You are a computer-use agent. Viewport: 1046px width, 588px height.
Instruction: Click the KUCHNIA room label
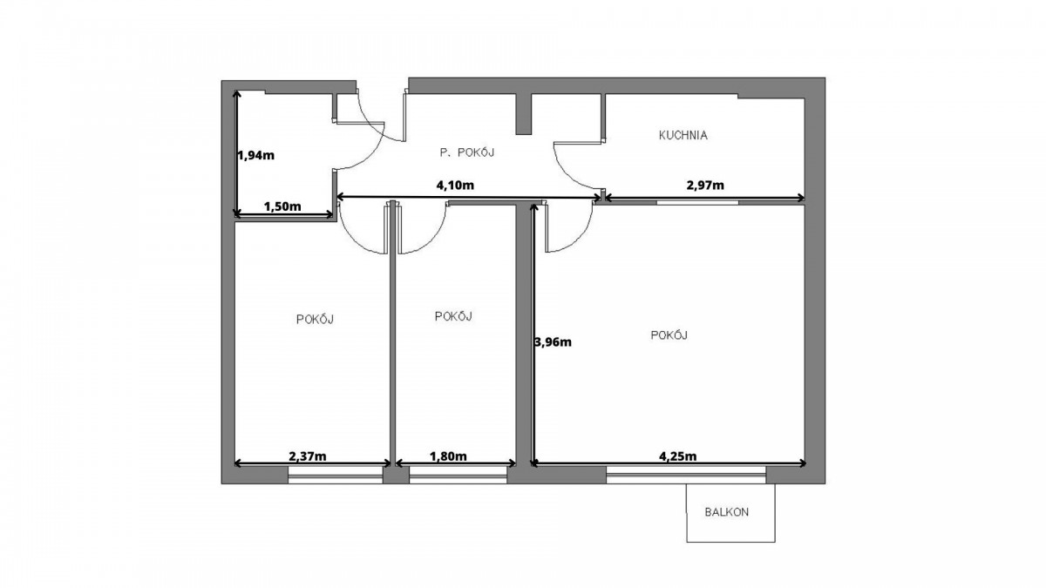coord(683,135)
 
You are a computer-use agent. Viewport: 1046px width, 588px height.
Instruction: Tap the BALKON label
coord(727,512)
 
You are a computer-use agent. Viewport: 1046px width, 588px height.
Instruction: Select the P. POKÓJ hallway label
coord(466,152)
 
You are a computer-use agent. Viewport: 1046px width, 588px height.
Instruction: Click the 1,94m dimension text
coord(256,155)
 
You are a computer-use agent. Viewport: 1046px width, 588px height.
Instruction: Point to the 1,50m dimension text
coord(282,206)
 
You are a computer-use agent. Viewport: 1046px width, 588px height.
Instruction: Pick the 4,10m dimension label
coord(455,186)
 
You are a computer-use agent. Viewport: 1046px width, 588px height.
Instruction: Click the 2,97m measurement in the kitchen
coord(705,186)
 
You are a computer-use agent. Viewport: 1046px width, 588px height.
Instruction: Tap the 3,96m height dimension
coord(553,342)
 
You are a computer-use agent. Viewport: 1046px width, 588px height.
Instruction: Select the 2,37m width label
coord(307,456)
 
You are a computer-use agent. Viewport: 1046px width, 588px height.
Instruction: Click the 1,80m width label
coord(448,456)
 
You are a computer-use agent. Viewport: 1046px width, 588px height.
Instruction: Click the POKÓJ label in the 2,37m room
coord(315,319)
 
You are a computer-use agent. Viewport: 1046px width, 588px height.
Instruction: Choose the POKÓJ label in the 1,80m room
coord(453,316)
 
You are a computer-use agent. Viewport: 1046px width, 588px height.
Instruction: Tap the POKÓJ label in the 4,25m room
coord(669,335)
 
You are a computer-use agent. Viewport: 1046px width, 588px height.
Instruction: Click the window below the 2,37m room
coord(336,474)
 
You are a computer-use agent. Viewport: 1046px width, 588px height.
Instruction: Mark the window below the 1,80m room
coord(458,474)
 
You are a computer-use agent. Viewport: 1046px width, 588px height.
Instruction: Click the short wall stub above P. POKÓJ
coord(524,114)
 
